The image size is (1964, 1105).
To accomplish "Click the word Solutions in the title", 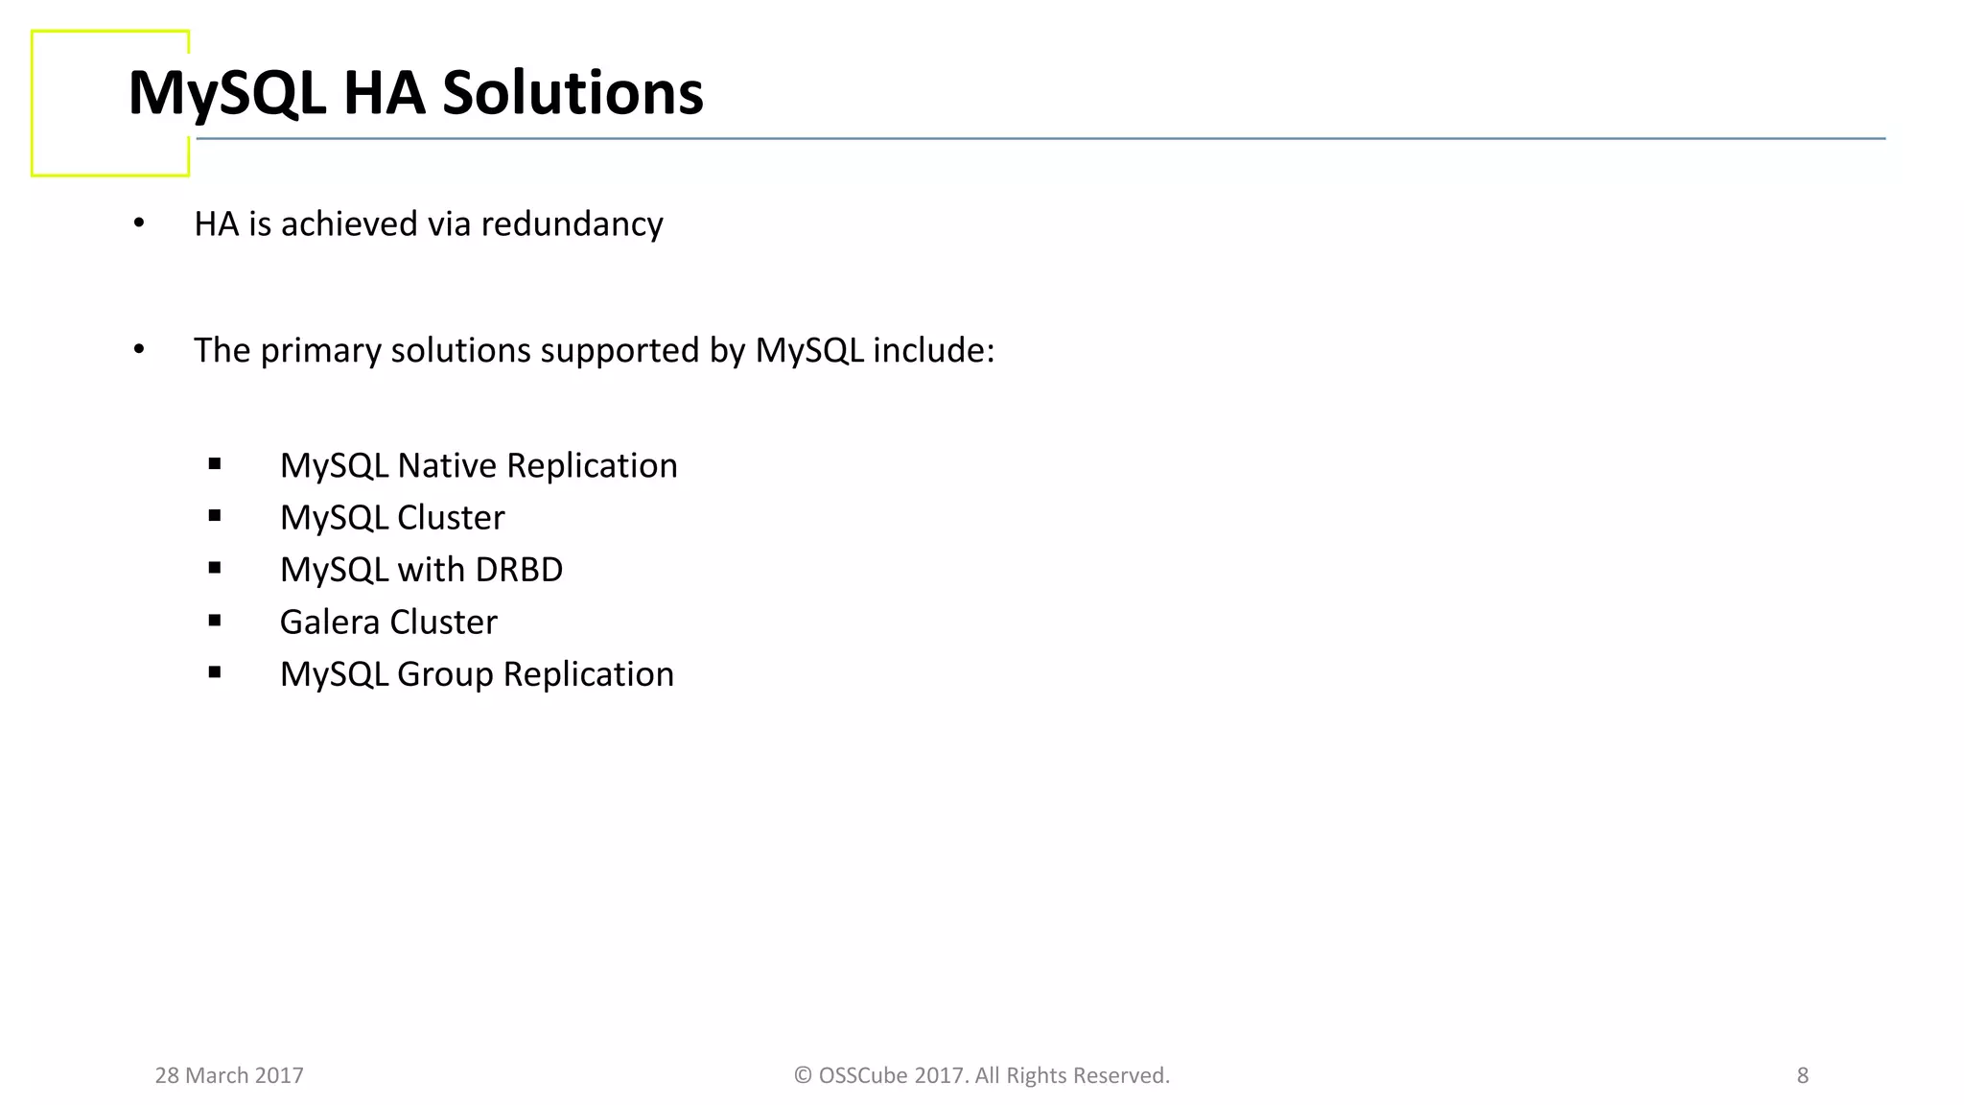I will coord(573,94).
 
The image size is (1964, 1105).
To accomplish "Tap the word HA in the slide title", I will coord(384,94).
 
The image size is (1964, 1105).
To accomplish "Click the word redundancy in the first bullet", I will coord(572,224).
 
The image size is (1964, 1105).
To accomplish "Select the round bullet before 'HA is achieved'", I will coord(139,223).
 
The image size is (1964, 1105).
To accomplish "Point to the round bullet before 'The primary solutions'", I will coord(139,350).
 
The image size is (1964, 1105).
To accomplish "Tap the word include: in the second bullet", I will coord(933,351).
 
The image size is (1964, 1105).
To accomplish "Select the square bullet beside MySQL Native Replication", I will coord(215,464).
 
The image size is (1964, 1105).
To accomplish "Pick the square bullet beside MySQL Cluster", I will coord(215,516).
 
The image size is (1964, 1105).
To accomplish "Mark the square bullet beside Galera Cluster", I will coord(215,621).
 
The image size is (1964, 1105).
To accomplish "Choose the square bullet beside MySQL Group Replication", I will coord(215,673).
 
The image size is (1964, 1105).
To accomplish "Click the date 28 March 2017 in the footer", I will coord(229,1075).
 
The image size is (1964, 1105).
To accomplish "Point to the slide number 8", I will coord(1802,1075).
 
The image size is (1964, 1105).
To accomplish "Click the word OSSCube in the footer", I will coord(863,1075).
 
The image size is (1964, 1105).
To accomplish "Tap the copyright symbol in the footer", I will coord(803,1075).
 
